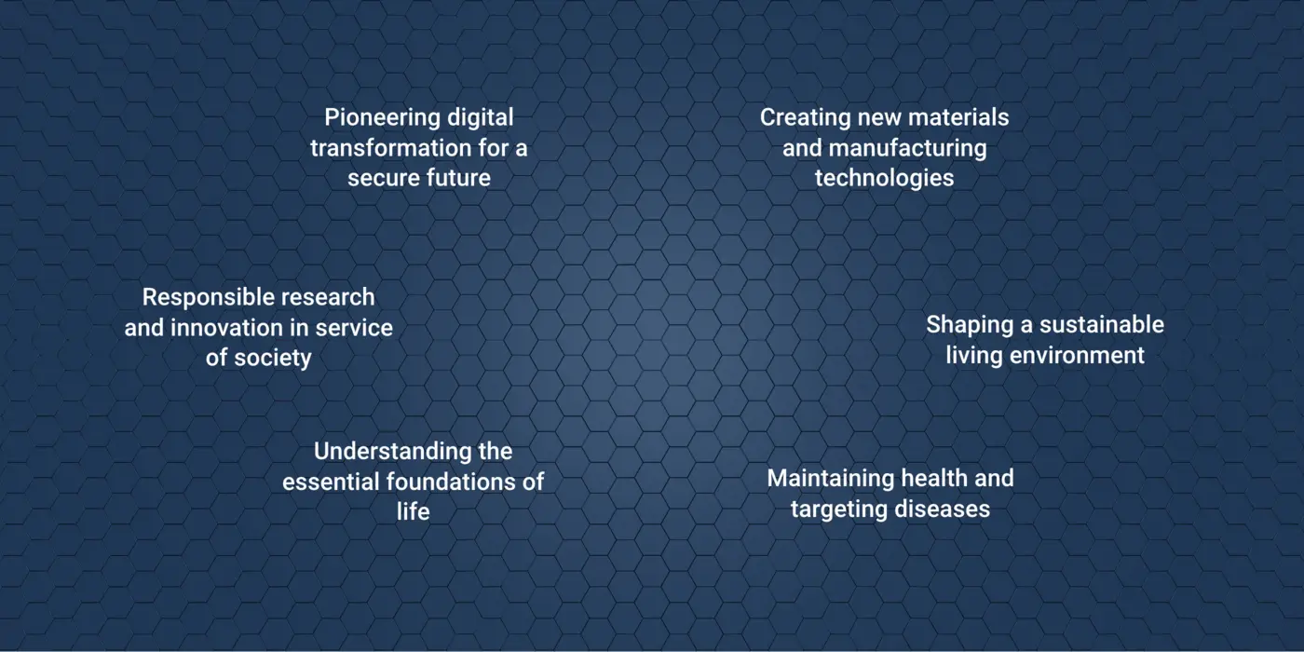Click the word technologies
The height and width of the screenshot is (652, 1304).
pyautogui.click(x=884, y=179)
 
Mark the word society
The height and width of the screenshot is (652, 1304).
pyautogui.click(x=272, y=359)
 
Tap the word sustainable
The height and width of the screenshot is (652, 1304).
pyautogui.click(x=1101, y=325)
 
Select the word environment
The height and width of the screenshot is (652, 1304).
pyautogui.click(x=1077, y=356)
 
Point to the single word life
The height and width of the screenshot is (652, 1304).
pyautogui.click(x=414, y=511)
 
